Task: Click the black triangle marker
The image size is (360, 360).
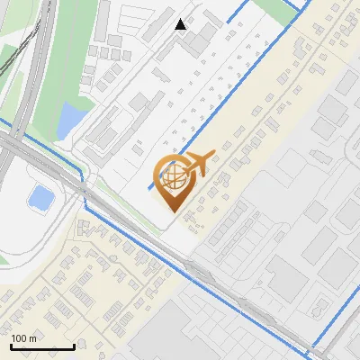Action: click(181, 24)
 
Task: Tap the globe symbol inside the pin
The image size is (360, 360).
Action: click(173, 175)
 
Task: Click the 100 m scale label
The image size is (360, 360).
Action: click(22, 338)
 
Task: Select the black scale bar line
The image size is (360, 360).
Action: click(41, 346)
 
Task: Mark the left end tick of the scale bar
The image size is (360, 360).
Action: click(10, 345)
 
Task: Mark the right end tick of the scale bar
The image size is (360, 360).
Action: click(74, 345)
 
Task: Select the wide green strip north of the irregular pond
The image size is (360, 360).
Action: click(72, 54)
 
